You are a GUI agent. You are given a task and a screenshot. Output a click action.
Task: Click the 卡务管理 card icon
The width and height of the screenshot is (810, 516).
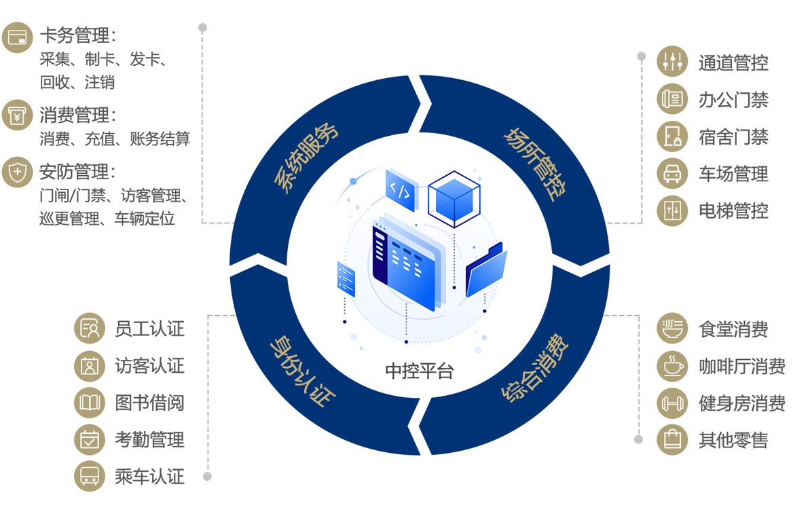click(x=18, y=37)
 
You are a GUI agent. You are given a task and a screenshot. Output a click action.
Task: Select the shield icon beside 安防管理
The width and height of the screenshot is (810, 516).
click(x=18, y=172)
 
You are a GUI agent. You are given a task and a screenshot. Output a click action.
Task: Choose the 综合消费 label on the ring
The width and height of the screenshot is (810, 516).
click(x=535, y=367)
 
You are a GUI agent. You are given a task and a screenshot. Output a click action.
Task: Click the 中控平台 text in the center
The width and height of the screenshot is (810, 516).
click(x=419, y=371)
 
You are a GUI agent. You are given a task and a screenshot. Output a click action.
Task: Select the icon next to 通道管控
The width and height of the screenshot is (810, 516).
click(x=672, y=62)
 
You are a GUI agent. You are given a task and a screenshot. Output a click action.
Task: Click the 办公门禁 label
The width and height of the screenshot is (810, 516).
click(x=733, y=100)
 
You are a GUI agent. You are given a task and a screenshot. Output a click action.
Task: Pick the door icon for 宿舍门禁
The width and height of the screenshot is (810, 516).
click(x=672, y=136)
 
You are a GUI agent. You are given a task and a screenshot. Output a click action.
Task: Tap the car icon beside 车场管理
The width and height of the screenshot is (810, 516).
click(x=672, y=174)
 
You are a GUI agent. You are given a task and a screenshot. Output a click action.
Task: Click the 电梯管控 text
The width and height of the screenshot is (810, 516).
click(x=733, y=210)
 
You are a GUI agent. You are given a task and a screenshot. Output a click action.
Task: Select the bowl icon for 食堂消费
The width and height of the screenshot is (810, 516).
click(x=672, y=329)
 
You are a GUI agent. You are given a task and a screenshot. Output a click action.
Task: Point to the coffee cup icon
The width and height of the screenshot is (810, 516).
click(x=672, y=366)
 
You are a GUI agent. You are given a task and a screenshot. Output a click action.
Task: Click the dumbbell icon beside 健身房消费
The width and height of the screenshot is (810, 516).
click(x=672, y=403)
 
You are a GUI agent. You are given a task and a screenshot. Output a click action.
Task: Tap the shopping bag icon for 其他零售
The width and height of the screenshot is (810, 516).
click(x=672, y=440)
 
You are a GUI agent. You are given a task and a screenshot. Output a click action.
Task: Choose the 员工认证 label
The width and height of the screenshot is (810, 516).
click(x=149, y=329)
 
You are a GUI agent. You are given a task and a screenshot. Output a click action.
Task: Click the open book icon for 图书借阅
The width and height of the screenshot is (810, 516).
click(x=89, y=403)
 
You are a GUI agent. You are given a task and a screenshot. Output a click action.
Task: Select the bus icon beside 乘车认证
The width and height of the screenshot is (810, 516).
click(x=89, y=477)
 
